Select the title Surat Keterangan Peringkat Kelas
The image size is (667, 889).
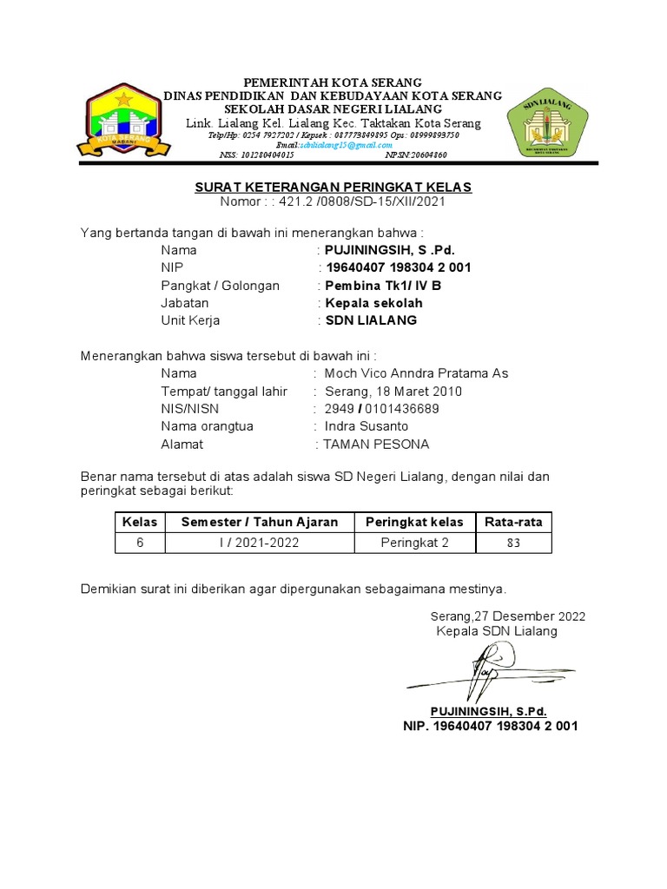pyautogui.click(x=333, y=188)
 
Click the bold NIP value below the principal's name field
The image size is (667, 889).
pyautogui.click(x=398, y=267)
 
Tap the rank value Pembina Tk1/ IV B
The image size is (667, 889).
pyautogui.click(x=383, y=285)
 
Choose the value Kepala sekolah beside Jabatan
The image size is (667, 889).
pyautogui.click(x=373, y=303)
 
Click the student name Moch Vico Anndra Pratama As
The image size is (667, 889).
pyautogui.click(x=416, y=373)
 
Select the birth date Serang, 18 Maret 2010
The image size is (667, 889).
pyautogui.click(x=393, y=392)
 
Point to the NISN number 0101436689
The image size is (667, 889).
pyautogui.click(x=402, y=409)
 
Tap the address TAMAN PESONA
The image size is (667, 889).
pyautogui.click(x=376, y=444)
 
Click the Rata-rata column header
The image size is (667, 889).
pyautogui.click(x=513, y=522)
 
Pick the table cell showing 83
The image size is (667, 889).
pyautogui.click(x=513, y=543)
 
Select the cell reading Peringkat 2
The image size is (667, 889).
pyautogui.click(x=414, y=543)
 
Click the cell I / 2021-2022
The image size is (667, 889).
pyautogui.click(x=259, y=543)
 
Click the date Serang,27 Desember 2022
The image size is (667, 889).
pyautogui.click(x=508, y=616)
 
